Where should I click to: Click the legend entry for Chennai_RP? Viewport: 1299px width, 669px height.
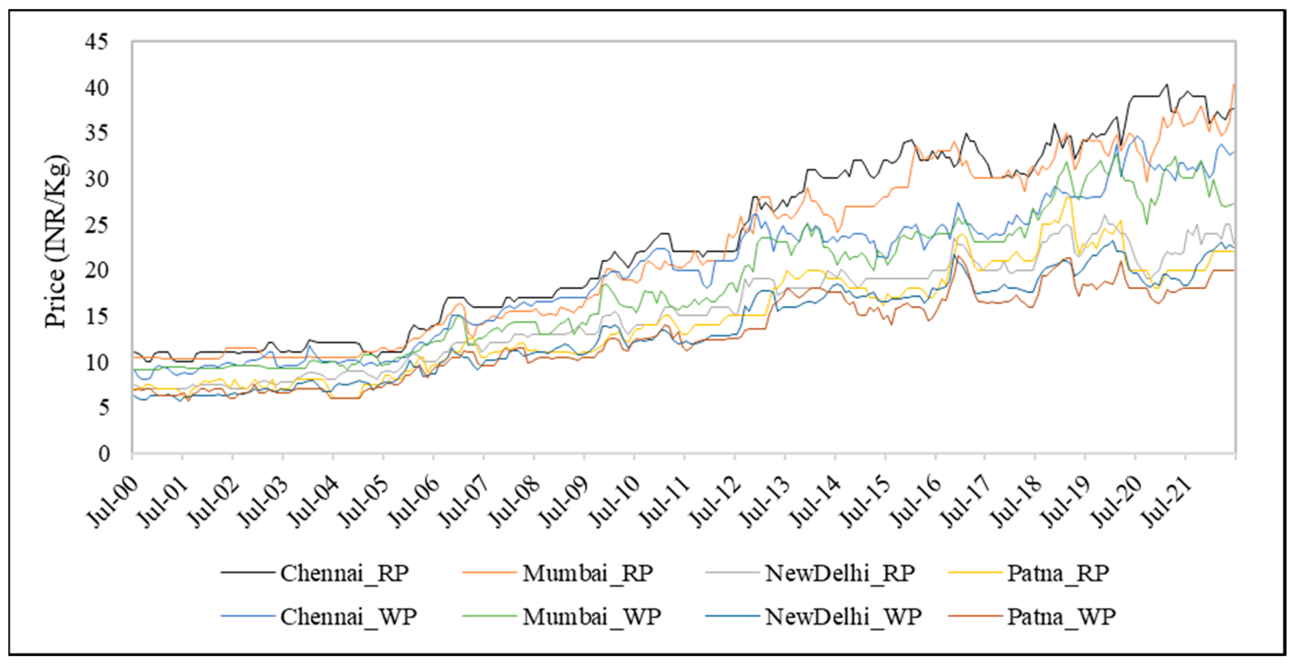344,574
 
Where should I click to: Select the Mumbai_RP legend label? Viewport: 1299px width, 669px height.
587,574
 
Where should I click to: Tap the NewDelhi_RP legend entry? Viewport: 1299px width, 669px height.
840,574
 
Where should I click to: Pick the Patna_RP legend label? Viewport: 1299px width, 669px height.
1058,574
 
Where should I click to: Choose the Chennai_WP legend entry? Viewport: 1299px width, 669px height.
348,617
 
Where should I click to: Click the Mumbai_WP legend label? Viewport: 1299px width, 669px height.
591,617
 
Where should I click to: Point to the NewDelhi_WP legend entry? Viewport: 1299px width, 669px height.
843,617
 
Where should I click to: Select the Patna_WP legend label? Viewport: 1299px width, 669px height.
1062,617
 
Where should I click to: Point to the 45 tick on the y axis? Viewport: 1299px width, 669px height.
97,42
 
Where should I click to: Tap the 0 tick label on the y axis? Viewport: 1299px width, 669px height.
104,453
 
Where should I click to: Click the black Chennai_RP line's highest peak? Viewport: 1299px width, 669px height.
1166,84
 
